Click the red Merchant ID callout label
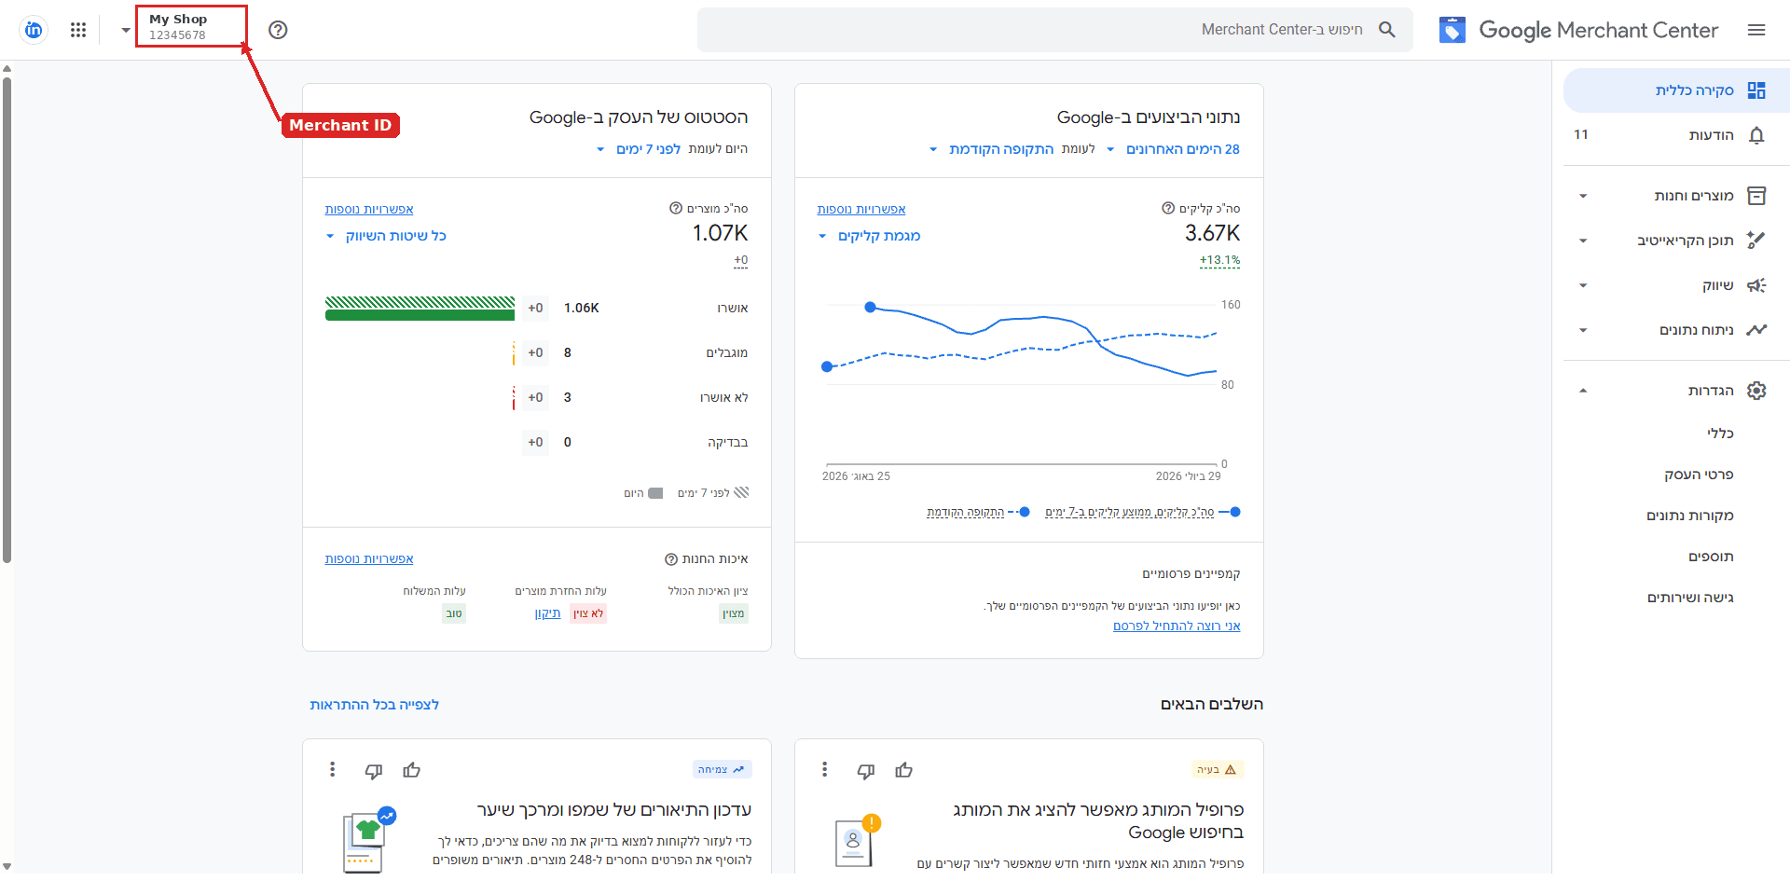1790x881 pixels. [340, 125]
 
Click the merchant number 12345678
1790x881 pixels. [177, 35]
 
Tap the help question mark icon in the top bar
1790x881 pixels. [278, 30]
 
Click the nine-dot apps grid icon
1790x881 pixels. [78, 30]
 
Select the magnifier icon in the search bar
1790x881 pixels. [1387, 30]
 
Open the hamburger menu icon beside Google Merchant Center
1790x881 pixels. [1756, 30]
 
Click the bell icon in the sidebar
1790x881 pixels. [1756, 135]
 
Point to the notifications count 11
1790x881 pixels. [1581, 134]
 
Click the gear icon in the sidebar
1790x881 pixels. [1756, 391]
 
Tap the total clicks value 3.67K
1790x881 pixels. [1212, 233]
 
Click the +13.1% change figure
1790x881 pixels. [1219, 260]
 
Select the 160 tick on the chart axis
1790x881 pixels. [1231, 305]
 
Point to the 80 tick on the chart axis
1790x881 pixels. [1228, 385]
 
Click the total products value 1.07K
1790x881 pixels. [720, 233]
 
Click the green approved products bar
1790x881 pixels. [420, 315]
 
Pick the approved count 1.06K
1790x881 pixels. [581, 308]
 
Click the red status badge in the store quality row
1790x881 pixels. [588, 613]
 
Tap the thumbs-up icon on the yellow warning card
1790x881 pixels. [903, 770]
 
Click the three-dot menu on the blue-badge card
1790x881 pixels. [332, 769]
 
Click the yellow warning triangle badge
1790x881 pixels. [1218, 769]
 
